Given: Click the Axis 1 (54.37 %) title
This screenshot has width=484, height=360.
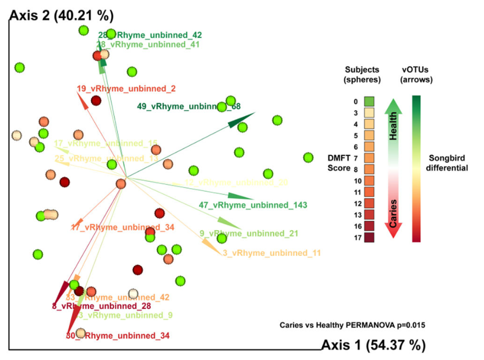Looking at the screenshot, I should [x=373, y=345].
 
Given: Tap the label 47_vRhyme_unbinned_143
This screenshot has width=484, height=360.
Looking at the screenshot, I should [x=245, y=205].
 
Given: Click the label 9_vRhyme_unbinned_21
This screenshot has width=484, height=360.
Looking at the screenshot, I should [x=249, y=233].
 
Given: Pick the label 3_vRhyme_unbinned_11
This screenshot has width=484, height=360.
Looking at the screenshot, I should [x=271, y=253].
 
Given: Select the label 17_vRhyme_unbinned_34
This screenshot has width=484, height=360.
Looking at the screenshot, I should [x=123, y=227].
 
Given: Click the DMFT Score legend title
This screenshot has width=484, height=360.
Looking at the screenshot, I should [x=338, y=162].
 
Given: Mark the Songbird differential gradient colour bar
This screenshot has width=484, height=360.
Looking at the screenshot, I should [x=417, y=168].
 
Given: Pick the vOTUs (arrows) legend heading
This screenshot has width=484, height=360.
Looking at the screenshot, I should [x=417, y=75].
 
